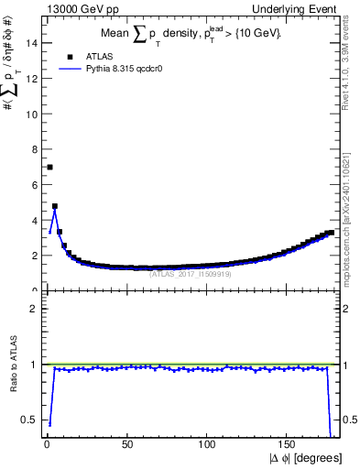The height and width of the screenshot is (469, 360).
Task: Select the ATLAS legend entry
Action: point(99,56)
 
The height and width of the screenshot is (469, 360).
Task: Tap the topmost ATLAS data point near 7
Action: point(49,167)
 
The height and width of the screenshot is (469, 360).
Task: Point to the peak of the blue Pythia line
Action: point(55,211)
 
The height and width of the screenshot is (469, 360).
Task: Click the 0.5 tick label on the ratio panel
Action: point(29,420)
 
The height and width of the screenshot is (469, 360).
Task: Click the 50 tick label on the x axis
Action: point(127,447)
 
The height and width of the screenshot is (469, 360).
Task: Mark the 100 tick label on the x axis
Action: point(208,447)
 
